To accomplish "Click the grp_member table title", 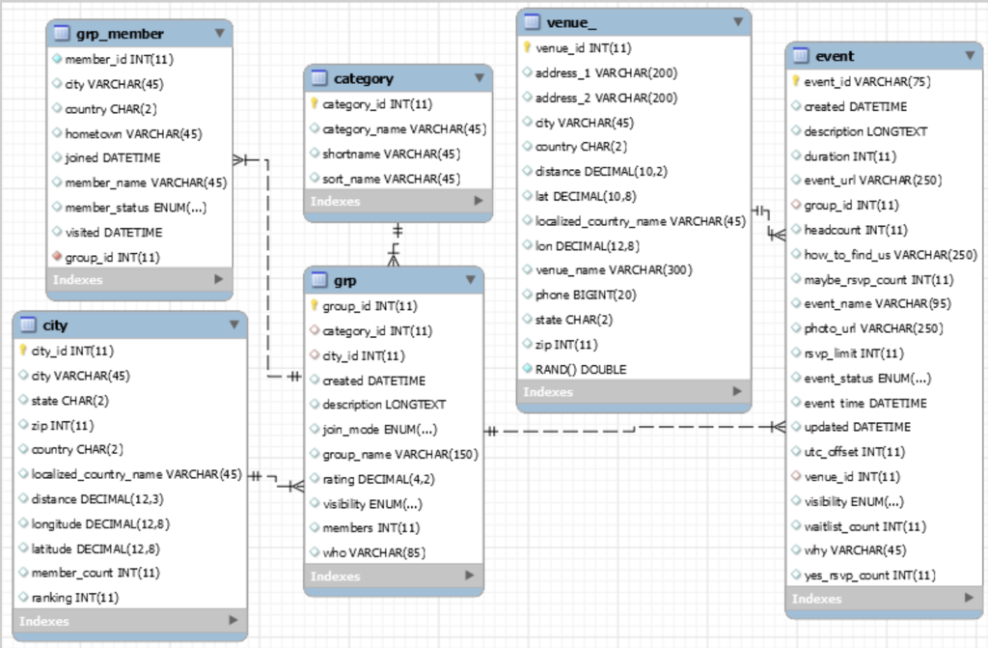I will click(x=120, y=34).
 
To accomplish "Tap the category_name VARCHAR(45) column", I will click(x=404, y=128).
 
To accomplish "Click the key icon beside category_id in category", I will click(x=315, y=104).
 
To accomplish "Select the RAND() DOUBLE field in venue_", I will click(x=581, y=369).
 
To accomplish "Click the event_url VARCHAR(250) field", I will click(x=872, y=180).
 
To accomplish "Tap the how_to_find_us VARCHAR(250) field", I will click(x=891, y=254).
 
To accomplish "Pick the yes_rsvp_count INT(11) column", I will click(x=869, y=576).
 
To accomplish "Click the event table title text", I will click(x=835, y=56).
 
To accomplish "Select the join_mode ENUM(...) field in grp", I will click(x=379, y=430).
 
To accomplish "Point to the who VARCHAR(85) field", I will click(x=373, y=552).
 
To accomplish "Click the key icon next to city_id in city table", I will click(x=24, y=351).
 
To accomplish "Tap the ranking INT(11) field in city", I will click(x=74, y=597).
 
